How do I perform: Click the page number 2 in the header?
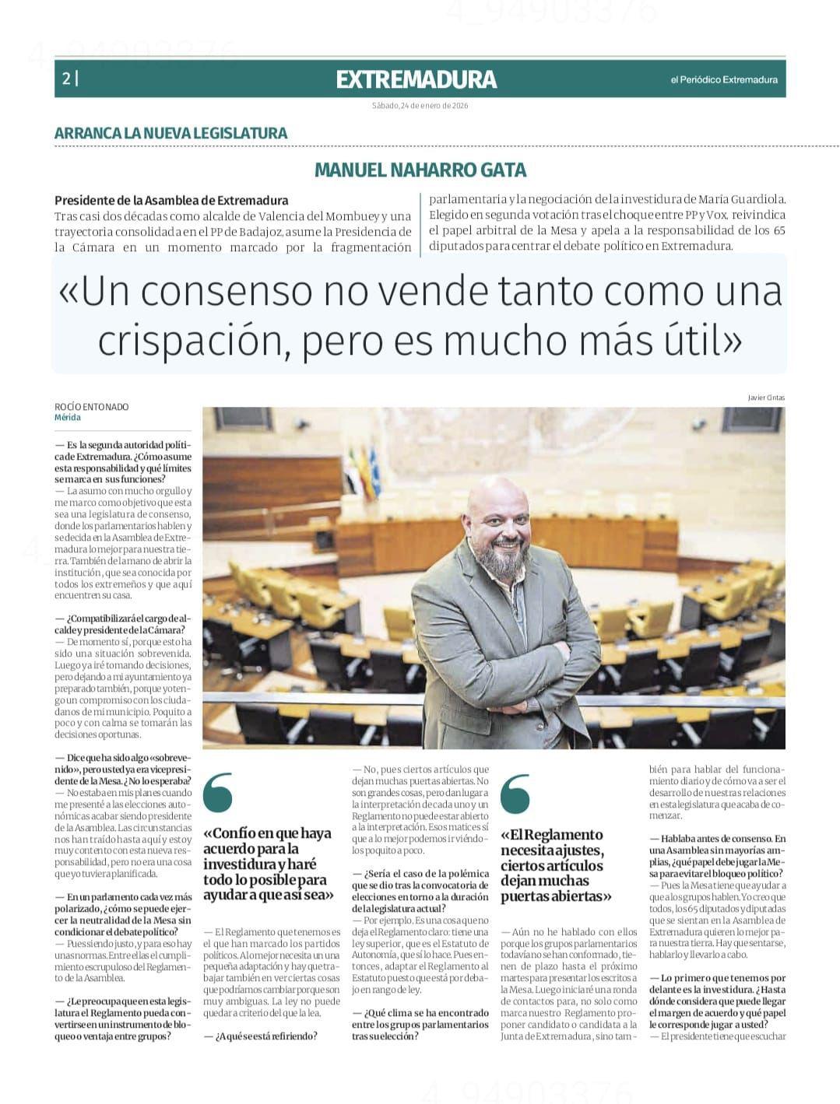67,79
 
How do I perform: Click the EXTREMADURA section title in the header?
416,79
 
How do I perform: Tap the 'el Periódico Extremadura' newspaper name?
723,79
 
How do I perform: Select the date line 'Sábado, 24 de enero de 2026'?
420,106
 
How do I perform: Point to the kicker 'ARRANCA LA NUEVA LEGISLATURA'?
170,133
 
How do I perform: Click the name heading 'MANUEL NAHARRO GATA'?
420,170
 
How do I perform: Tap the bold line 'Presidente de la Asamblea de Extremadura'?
171,200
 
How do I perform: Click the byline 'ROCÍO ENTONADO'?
92,407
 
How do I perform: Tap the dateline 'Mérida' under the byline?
68,418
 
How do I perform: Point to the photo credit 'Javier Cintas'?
766,398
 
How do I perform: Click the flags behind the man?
364,471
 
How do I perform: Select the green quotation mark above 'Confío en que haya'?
218,792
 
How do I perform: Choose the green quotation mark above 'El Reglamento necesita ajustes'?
515,794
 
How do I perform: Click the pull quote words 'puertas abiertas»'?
556,896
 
